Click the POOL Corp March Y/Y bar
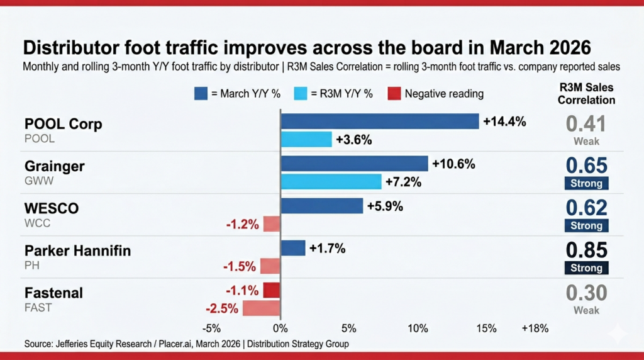tap(380, 121)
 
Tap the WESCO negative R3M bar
tap(272, 223)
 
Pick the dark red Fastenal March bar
tap(272, 290)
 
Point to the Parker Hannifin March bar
tap(293, 248)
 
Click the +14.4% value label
tap(504, 121)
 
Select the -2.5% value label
tap(222, 308)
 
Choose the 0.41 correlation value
tap(587, 123)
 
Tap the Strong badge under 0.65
tap(587, 184)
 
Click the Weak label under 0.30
tap(587, 310)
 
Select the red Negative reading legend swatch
tap(392, 94)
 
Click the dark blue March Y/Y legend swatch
tap(201, 94)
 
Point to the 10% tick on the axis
tap(418, 328)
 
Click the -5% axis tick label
tap(212, 328)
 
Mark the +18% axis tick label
tap(535, 328)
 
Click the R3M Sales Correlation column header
tap(587, 93)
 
